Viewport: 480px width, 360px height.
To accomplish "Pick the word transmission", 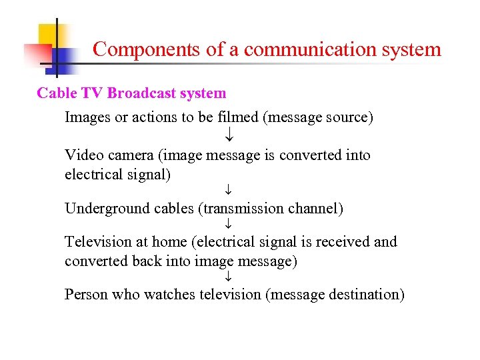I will (x=243, y=209).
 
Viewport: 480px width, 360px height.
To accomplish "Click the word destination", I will (x=367, y=295).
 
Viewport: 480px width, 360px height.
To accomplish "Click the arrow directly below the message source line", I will (x=228, y=136).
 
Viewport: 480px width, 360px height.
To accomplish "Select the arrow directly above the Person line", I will (x=228, y=276).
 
